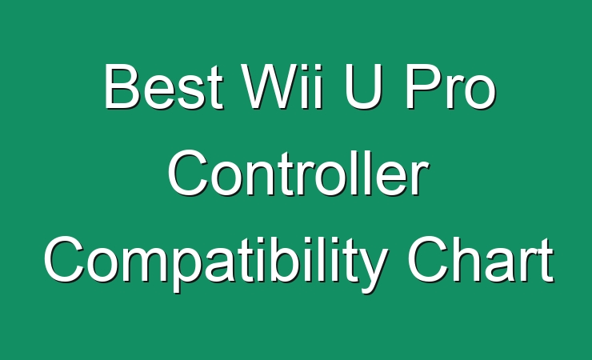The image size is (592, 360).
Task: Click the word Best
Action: (163, 86)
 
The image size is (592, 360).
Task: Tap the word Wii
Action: (282, 86)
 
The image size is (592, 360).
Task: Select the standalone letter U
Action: (362, 86)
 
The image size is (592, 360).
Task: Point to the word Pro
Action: (450, 86)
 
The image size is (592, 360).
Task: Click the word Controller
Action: (298, 174)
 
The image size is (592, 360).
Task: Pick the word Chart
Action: (480, 260)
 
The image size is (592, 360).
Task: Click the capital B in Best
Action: (122, 86)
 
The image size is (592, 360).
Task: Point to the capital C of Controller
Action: (188, 174)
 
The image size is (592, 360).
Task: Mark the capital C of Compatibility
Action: (64, 260)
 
